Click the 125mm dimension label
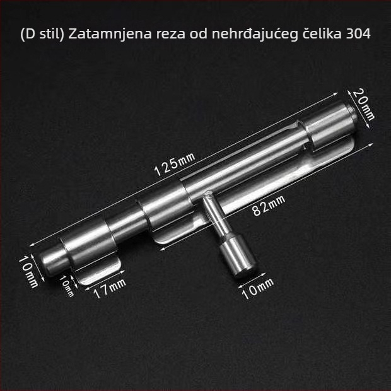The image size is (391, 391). pyautogui.click(x=175, y=164)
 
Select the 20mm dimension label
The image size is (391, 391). pyautogui.click(x=364, y=105)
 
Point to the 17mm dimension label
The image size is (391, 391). pyautogui.click(x=110, y=288)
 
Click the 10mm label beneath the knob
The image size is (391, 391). pyautogui.click(x=258, y=288)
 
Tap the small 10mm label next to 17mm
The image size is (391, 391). pyautogui.click(x=66, y=286)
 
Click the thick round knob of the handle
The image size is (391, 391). pyautogui.click(x=238, y=256)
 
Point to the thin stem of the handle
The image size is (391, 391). pyautogui.click(x=215, y=214)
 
